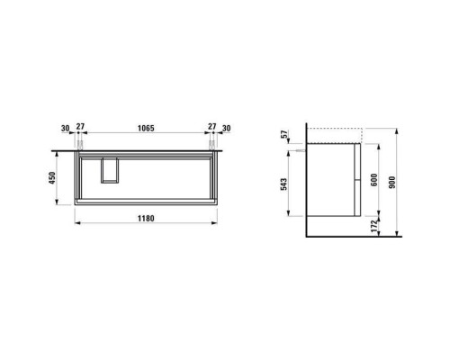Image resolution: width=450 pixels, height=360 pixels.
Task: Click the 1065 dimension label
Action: (x=146, y=128)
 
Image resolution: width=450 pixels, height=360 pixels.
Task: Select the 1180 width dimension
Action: (x=146, y=218)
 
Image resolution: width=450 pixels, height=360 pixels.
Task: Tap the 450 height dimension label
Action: (x=52, y=178)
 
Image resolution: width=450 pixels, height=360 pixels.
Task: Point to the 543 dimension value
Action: (x=283, y=184)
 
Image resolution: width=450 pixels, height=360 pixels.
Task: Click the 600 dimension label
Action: (x=374, y=180)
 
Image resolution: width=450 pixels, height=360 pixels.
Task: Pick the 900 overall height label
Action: (x=391, y=182)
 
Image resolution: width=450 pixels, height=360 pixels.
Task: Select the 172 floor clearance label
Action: (x=373, y=226)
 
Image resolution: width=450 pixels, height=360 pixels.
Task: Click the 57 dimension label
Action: (x=284, y=133)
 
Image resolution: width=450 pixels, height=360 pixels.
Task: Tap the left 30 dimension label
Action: (x=65, y=129)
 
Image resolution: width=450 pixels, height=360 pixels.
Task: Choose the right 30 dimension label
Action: (x=227, y=129)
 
